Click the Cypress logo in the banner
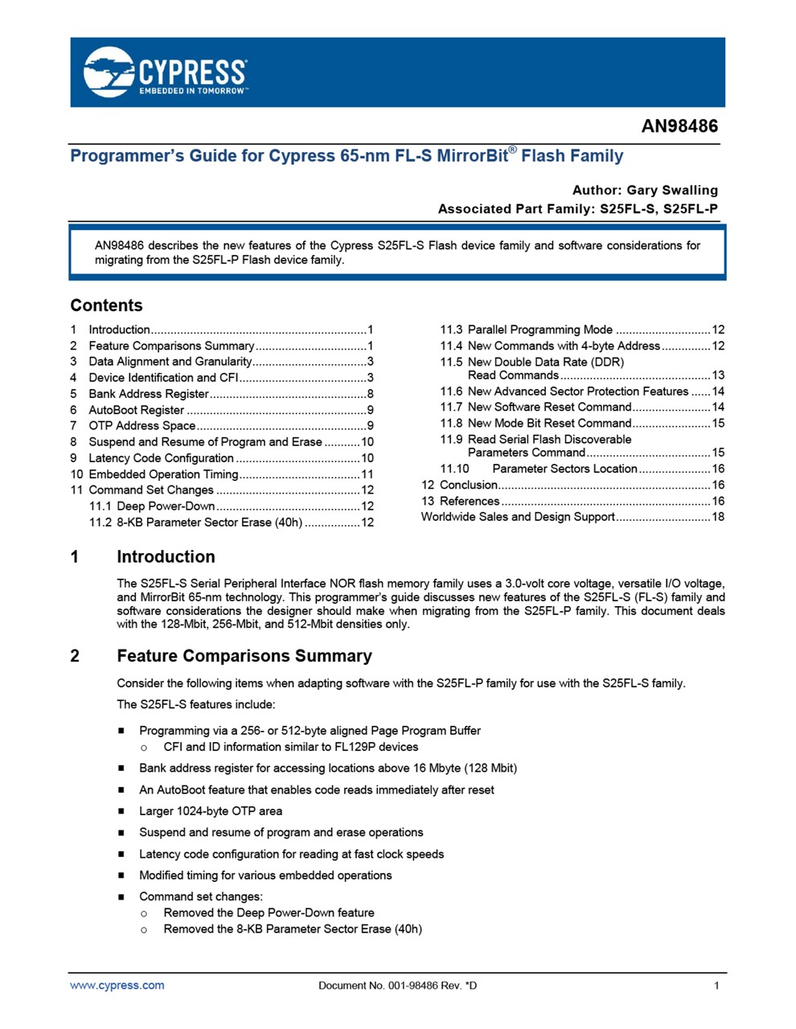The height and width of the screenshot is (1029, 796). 165,72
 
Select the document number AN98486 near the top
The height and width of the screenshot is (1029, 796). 679,126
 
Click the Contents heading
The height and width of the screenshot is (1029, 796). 106,305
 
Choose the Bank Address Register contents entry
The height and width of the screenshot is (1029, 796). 149,394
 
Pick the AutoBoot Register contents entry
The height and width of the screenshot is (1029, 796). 137,410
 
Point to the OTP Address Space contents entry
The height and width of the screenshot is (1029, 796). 142,426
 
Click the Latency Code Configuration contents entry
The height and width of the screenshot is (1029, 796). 161,458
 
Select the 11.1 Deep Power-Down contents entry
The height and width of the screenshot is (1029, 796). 166,506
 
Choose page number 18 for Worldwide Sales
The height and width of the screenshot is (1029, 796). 718,517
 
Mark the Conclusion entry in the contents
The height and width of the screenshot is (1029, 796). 469,485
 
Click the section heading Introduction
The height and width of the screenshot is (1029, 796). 166,557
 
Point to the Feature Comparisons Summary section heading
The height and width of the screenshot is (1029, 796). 244,656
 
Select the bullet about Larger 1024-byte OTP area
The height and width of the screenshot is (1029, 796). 211,811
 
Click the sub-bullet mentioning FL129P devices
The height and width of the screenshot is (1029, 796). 290,747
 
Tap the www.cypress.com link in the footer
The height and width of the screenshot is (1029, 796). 117,986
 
